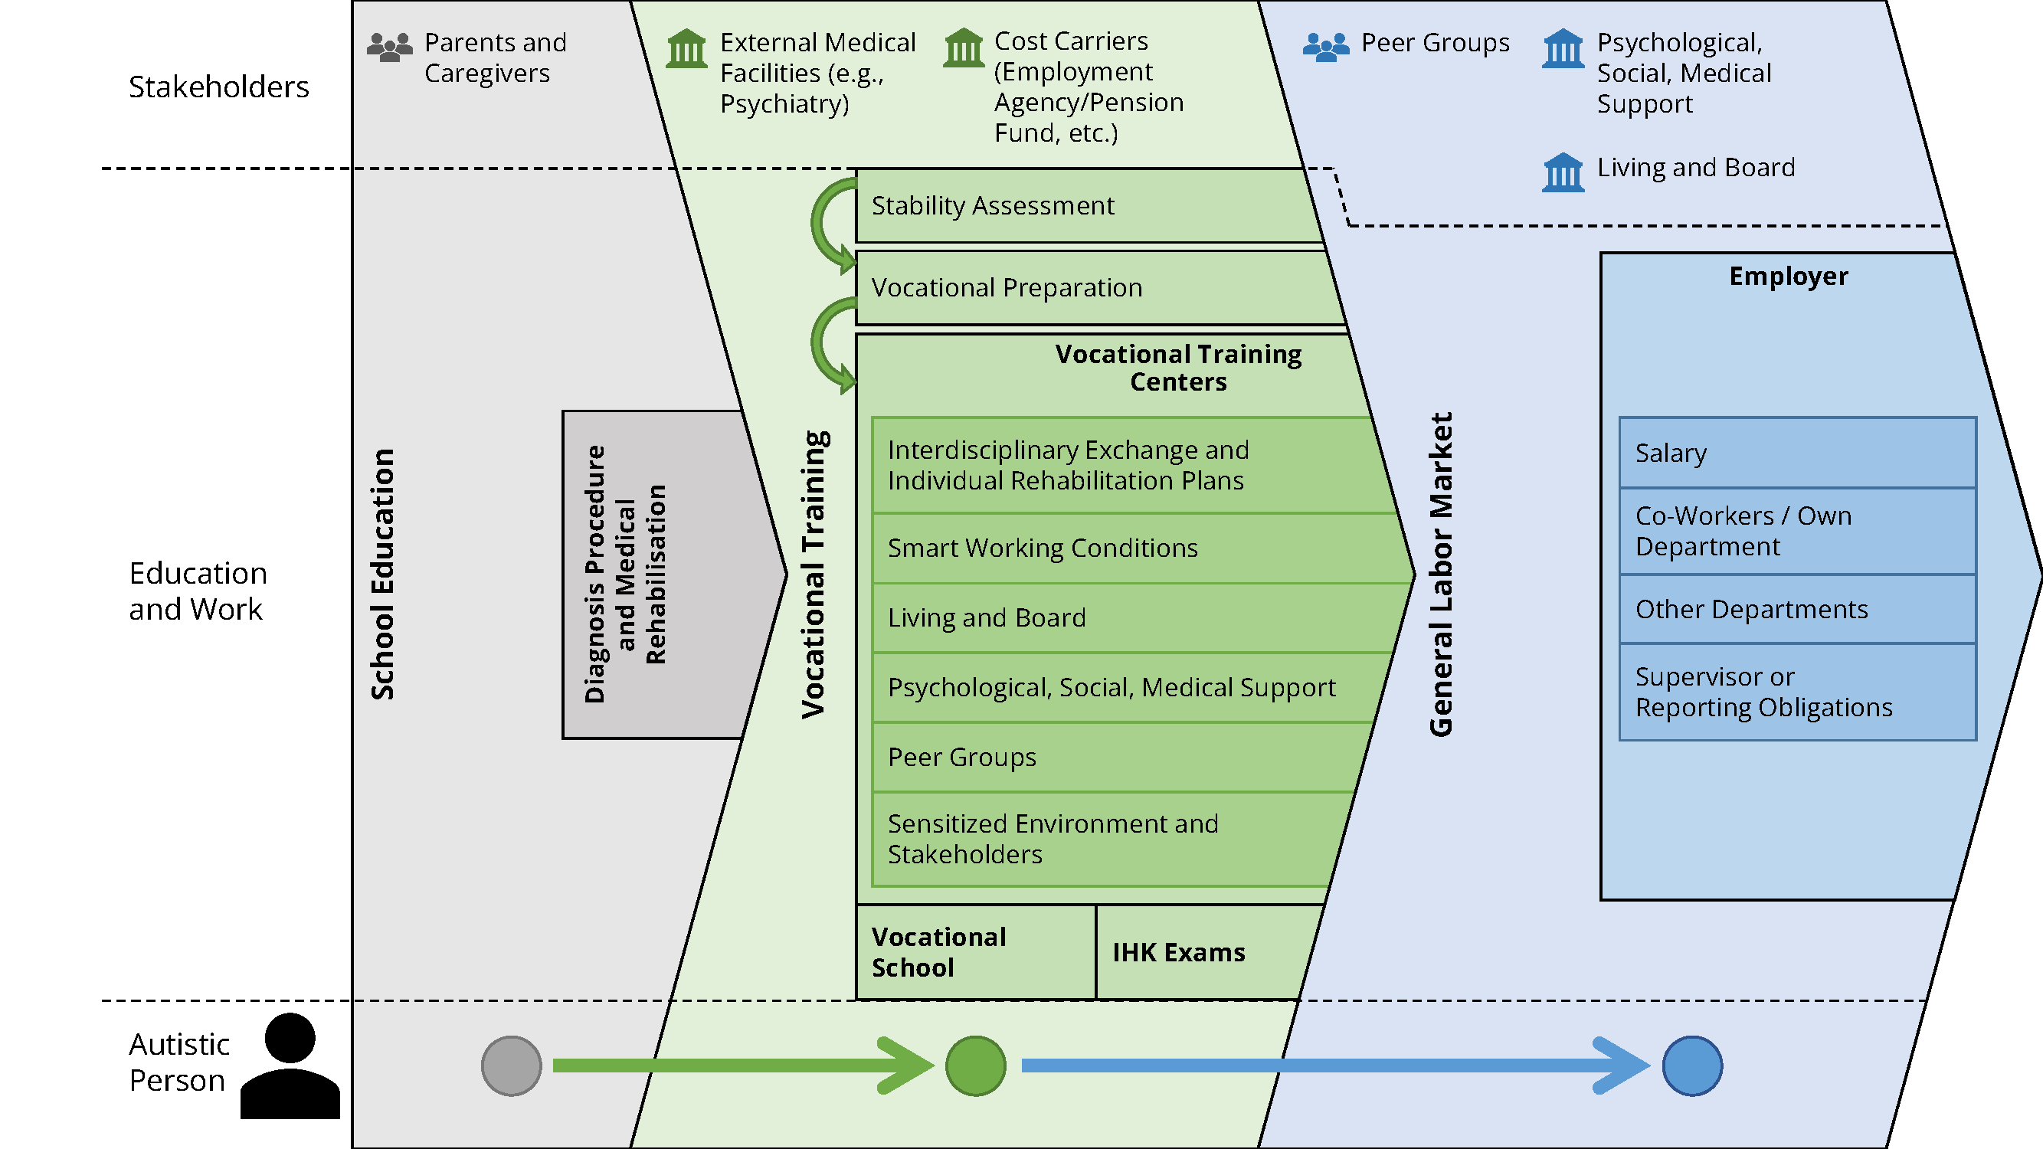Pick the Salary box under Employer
pos(1796,453)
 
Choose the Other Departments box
pos(1796,609)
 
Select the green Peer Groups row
pos(1110,758)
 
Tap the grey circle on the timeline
pos(512,1066)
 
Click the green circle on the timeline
pos(975,1066)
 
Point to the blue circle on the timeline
pos(1691,1066)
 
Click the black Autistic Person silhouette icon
pos(290,1066)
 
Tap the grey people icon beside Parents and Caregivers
pos(389,47)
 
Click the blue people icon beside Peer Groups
pos(1325,47)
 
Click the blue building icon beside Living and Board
pos(1563,172)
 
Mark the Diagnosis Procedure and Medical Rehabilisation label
pos(625,574)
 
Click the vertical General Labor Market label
pos(1440,574)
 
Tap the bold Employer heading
pos(1788,276)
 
